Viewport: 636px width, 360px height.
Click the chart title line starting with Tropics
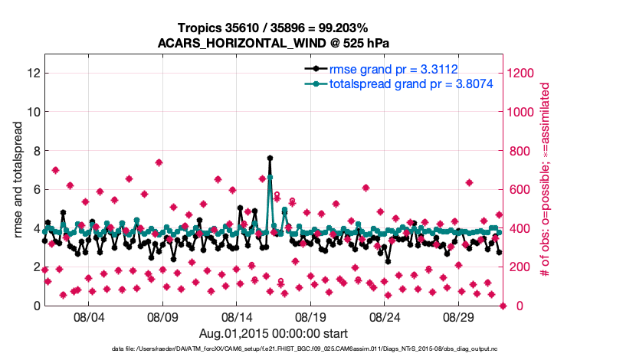pyautogui.click(x=274, y=28)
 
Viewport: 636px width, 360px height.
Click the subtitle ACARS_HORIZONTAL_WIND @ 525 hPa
pyautogui.click(x=274, y=43)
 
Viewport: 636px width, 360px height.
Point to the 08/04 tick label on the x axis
pyautogui.click(x=89, y=317)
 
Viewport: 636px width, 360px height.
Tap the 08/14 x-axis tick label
pyautogui.click(x=238, y=317)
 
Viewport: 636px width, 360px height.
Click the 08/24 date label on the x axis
pyautogui.click(x=386, y=317)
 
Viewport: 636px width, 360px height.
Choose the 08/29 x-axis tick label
pyautogui.click(x=461, y=317)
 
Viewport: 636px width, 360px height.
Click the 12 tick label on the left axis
pyautogui.click(x=33, y=74)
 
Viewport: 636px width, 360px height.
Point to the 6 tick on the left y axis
pyautogui.click(x=36, y=189)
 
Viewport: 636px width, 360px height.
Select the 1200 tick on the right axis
pyautogui.click(x=523, y=74)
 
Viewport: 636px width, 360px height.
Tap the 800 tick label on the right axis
pyautogui.click(x=520, y=151)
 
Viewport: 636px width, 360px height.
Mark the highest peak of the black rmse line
pyautogui.click(x=270, y=158)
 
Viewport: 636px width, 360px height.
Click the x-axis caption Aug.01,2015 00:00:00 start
pyautogui.click(x=274, y=333)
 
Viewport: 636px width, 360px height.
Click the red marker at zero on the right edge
pyautogui.click(x=503, y=306)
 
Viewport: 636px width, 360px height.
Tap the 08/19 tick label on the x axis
pyautogui.click(x=312, y=317)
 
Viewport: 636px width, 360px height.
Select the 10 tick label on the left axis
pyautogui.click(x=33, y=112)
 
